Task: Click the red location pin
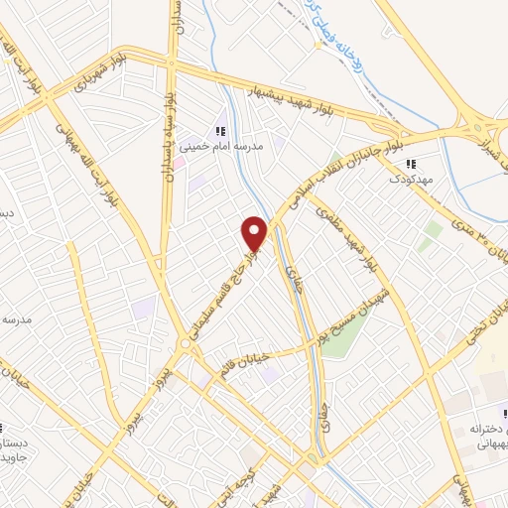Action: pos(255,233)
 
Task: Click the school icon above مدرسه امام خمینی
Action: pos(220,130)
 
